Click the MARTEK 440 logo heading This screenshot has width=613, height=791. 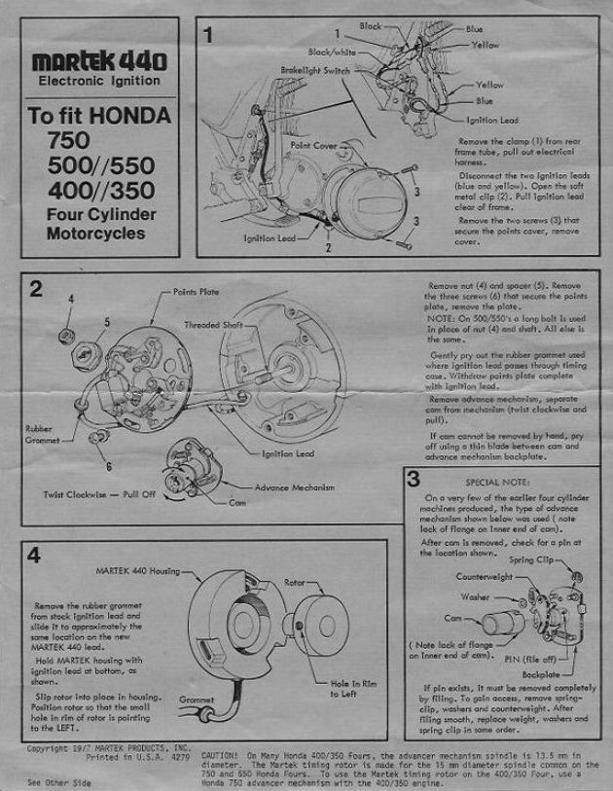(x=99, y=60)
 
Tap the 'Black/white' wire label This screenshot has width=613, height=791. (x=333, y=51)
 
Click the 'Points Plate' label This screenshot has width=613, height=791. (x=196, y=290)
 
